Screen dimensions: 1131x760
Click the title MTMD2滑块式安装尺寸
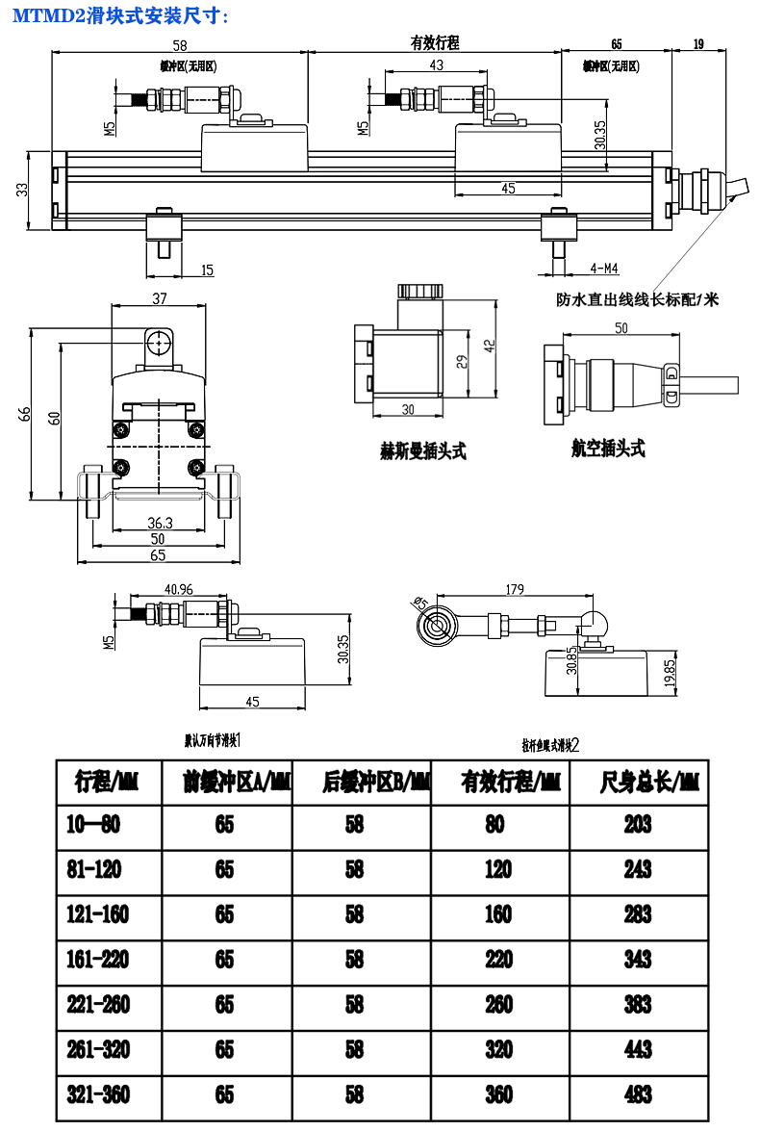click(120, 14)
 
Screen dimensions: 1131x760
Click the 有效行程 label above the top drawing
click(435, 43)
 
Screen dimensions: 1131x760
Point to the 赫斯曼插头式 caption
click(423, 450)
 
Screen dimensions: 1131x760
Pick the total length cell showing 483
click(637, 1094)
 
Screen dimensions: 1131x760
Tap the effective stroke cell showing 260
click(498, 1004)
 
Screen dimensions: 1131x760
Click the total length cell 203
click(637, 824)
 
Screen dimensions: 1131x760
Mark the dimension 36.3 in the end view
click(160, 523)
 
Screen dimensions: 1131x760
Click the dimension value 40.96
click(179, 589)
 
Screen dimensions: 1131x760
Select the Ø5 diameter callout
click(419, 603)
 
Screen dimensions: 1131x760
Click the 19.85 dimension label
click(670, 673)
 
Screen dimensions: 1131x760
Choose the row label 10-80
click(94, 824)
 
